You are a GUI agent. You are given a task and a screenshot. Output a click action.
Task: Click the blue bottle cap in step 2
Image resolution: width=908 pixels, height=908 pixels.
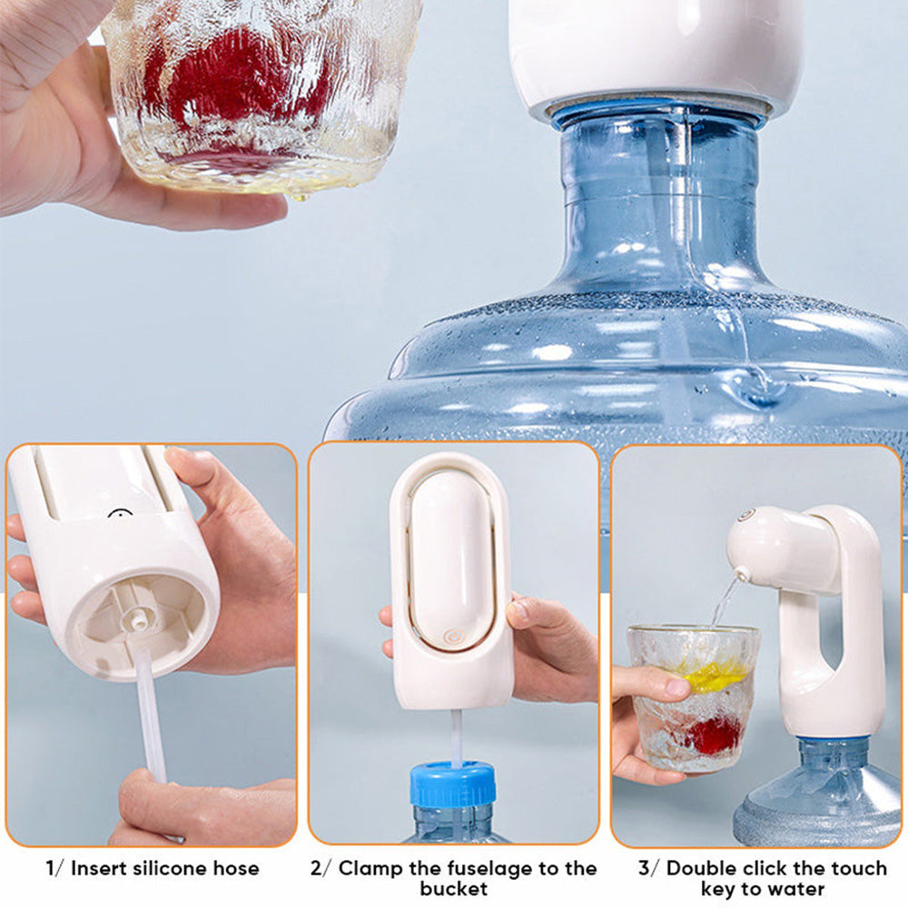[x=453, y=785]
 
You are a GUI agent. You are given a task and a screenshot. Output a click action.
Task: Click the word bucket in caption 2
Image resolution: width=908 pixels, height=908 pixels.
[x=453, y=889]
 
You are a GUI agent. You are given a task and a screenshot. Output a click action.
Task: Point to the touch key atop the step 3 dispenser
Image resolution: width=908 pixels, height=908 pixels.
[x=746, y=514]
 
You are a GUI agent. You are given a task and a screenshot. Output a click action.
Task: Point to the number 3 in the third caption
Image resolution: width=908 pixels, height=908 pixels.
[x=644, y=869]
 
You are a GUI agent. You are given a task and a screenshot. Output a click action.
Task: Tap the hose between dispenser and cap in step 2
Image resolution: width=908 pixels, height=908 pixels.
[x=456, y=738]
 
